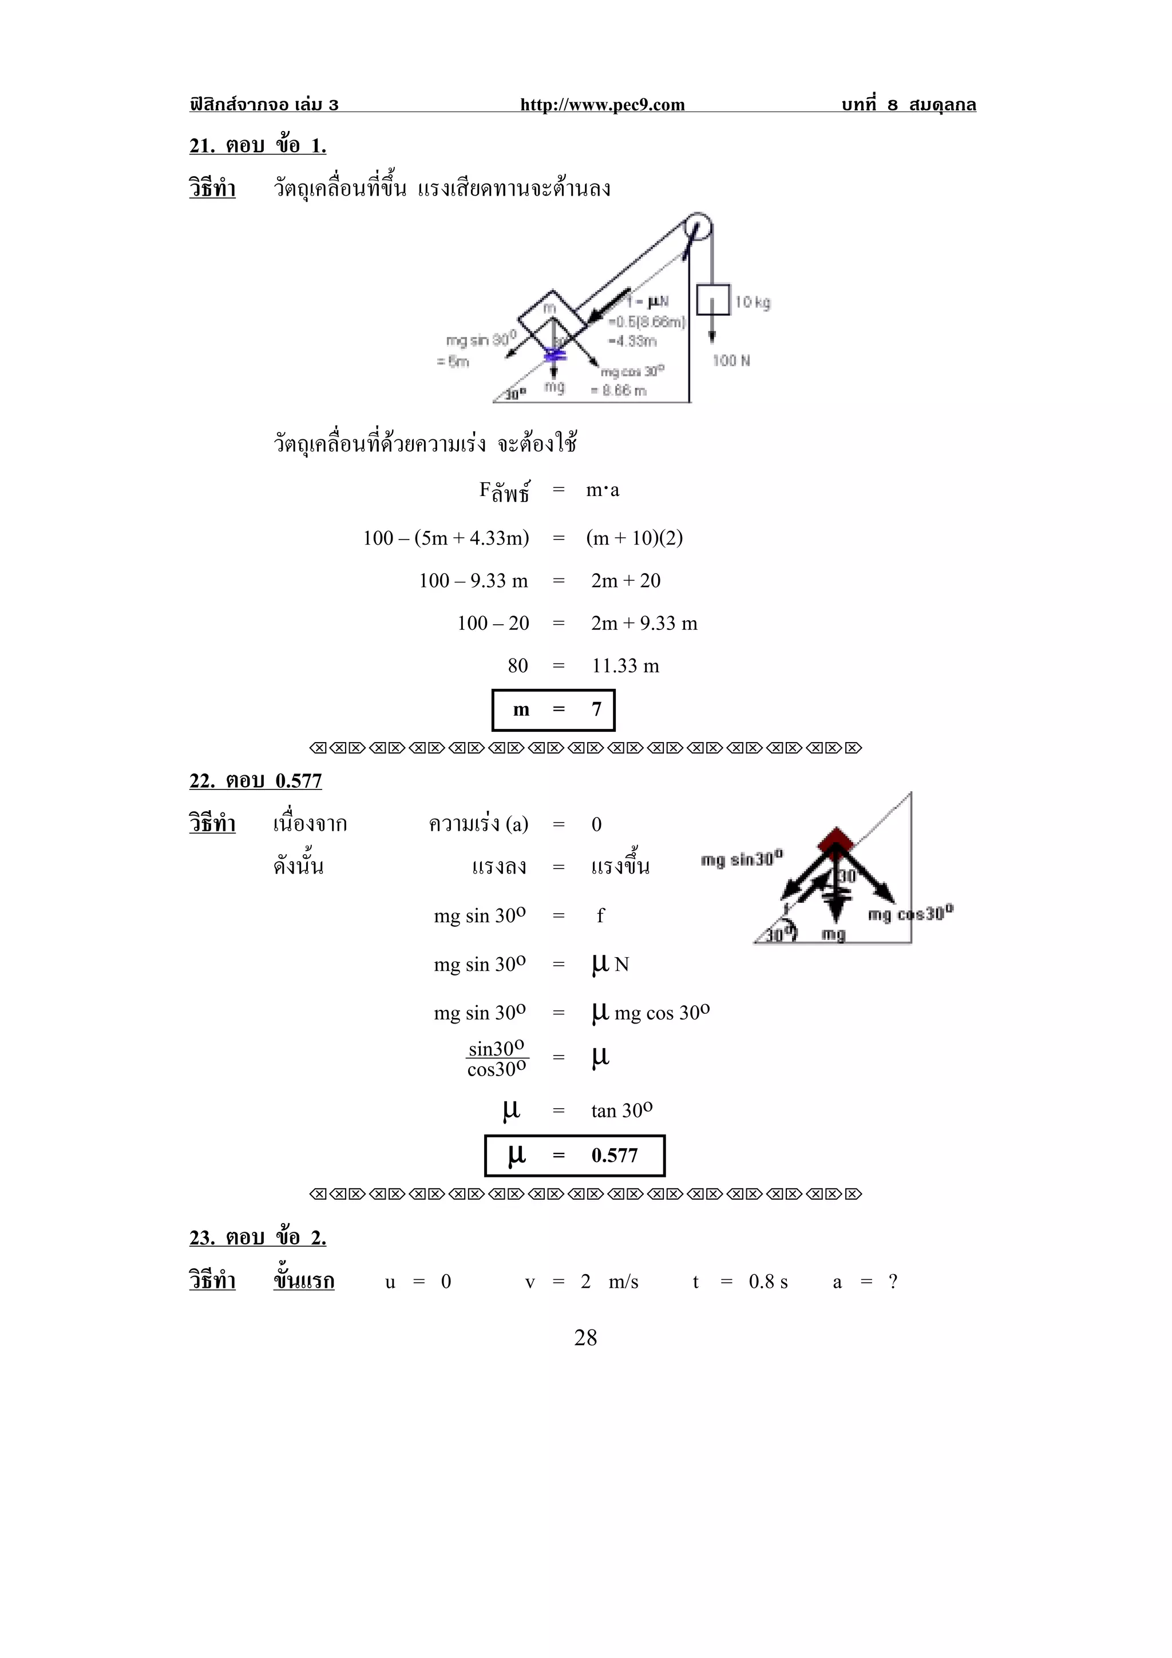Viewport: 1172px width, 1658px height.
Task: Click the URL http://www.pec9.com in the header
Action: tap(602, 105)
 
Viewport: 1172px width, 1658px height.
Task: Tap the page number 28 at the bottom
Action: tap(585, 1338)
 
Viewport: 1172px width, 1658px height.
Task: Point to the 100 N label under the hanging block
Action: tap(731, 360)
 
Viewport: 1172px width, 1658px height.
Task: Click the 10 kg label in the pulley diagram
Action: tap(753, 302)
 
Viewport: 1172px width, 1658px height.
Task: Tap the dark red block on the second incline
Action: tap(836, 840)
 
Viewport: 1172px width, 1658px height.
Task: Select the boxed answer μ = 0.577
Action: tap(575, 1156)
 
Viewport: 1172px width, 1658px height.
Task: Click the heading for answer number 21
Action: tap(258, 146)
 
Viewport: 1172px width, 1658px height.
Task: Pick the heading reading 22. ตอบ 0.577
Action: tap(256, 780)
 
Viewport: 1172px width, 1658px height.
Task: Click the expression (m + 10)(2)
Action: tap(634, 538)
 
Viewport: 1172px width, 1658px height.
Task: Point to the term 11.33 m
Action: tap(625, 666)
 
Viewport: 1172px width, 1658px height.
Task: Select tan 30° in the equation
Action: tap(621, 1110)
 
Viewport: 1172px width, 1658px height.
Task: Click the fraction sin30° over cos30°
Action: tap(497, 1058)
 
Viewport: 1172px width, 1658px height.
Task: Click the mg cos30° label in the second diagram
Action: tap(910, 914)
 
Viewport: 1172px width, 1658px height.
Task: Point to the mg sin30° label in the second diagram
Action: tap(742, 859)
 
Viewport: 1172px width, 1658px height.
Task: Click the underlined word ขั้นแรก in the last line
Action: tap(304, 1281)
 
